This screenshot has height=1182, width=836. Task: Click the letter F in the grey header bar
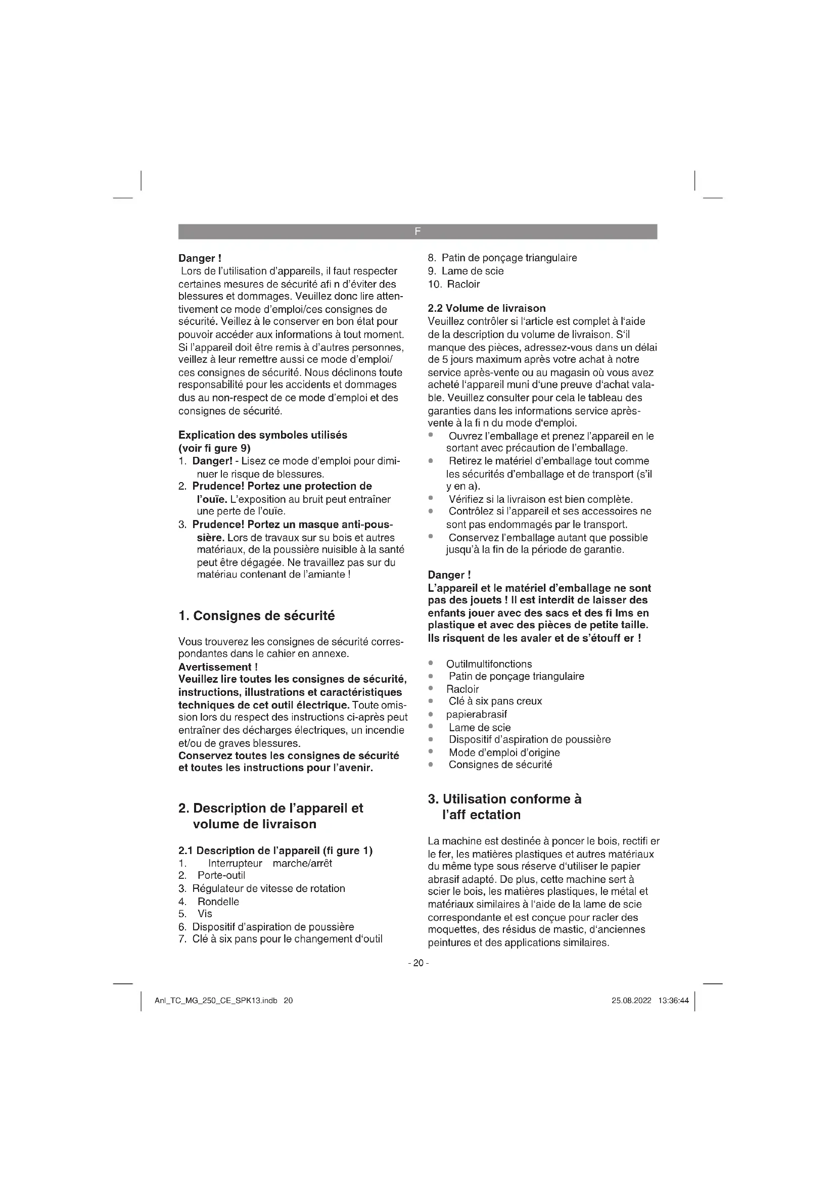coord(417,231)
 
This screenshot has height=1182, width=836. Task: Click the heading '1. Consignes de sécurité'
coord(256,616)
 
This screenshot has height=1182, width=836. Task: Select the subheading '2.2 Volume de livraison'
coord(486,308)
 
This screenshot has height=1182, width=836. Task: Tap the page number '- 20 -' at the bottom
coord(417,963)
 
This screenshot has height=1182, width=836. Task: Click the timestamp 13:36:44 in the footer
coord(673,1001)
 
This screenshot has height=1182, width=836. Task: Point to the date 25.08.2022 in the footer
coord(631,1001)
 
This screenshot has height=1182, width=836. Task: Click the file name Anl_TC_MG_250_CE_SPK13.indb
coord(216,1001)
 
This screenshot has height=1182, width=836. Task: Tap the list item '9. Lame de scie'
coord(466,271)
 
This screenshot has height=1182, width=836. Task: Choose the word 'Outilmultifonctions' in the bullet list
coord(489,664)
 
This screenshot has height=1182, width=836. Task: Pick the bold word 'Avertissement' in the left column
coord(214,667)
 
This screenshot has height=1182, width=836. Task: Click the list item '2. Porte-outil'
coord(212,875)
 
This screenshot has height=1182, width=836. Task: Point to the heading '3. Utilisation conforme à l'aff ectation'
coord(504,806)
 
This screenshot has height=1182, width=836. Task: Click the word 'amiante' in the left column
coord(329,574)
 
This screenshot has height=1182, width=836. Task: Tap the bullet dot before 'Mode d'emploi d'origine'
coord(431,752)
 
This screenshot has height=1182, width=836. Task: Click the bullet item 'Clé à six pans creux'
coord(495,701)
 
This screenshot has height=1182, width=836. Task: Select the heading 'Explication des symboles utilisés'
coord(262,435)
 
